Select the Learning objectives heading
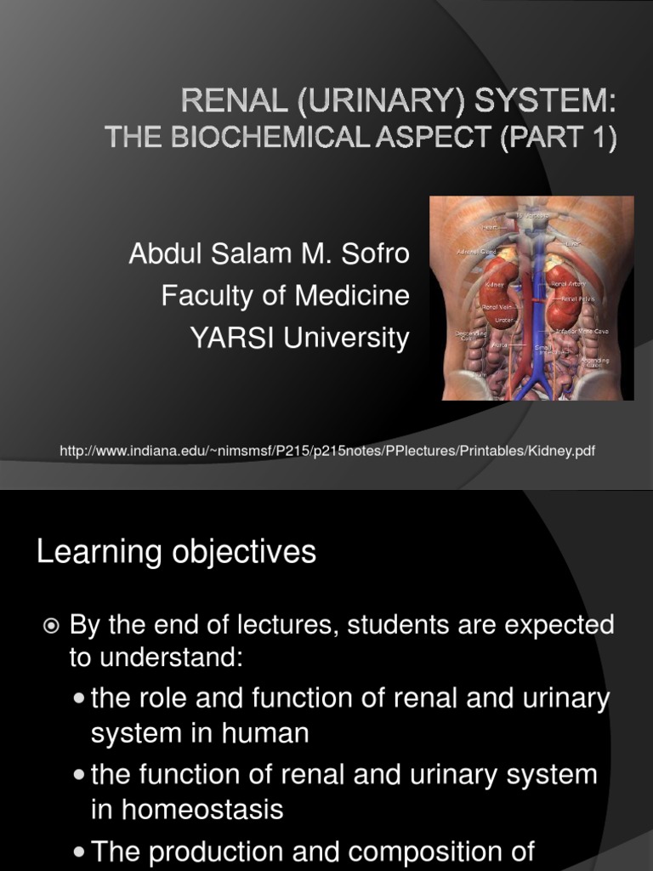[x=176, y=552]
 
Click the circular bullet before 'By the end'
[x=52, y=627]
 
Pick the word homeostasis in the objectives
[x=187, y=811]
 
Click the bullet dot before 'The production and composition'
[x=79, y=851]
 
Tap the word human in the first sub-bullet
[x=266, y=733]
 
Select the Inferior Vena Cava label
[x=583, y=330]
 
